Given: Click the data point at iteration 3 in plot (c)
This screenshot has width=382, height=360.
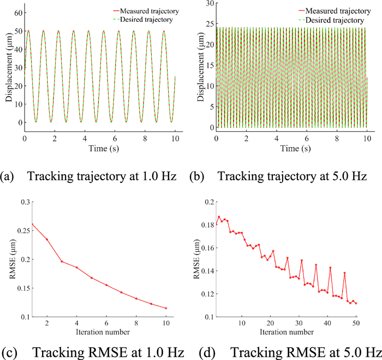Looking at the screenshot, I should [62, 261].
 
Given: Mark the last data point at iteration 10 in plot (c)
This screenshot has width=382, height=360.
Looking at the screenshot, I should [166, 308].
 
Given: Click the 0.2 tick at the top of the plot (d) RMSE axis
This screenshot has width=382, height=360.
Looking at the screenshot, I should [211, 202].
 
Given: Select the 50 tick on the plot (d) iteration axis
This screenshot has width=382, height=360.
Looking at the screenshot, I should [356, 323].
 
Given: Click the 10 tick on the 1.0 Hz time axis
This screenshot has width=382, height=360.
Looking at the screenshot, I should [174, 139].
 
